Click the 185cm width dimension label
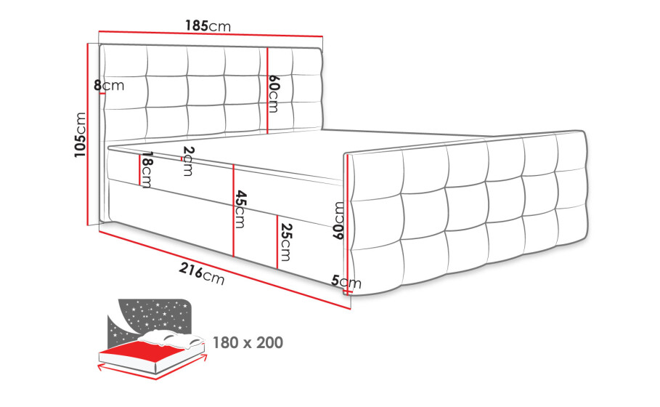point(208,26)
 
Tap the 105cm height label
point(80,135)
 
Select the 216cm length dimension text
point(202,274)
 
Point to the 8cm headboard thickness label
point(109,86)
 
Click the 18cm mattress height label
point(147,170)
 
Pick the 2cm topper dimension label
point(188,161)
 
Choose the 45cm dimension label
point(240,209)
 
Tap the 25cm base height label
point(285,242)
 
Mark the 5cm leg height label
point(346,281)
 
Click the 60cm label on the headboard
point(274,94)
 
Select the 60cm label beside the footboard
point(339,220)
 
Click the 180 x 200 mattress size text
point(248,342)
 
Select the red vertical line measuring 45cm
point(233,211)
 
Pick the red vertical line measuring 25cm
point(277,242)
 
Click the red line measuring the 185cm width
point(211,33)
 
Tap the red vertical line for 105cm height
point(89,134)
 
